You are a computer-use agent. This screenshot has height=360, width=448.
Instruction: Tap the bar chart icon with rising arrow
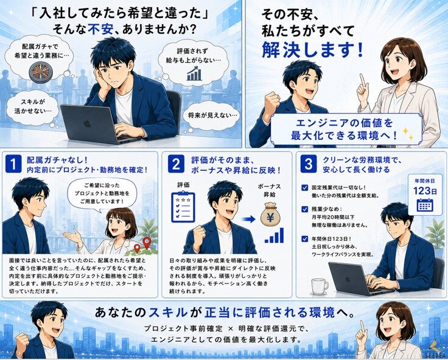pos(195,74)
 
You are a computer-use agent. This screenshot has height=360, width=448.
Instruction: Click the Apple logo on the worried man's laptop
pos(87,123)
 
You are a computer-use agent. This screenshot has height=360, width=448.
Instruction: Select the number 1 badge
pos(13,164)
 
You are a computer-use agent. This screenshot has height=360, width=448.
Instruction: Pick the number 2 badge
pos(176,164)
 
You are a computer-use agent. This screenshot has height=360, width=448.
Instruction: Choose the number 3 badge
pos(308,164)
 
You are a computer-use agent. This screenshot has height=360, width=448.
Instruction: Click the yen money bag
pos(270,213)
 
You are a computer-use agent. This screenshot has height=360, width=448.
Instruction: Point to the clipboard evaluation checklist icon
pos(183,207)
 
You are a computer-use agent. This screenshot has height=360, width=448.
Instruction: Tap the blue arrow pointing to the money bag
pos(248,220)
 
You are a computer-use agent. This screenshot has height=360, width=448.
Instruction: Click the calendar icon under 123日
pos(425,205)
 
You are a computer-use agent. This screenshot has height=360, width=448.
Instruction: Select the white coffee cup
pos(320,286)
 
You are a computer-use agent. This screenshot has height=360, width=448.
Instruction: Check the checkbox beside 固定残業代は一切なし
pos(304,188)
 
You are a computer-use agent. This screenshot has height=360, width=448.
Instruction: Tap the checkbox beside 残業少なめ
pos(304,209)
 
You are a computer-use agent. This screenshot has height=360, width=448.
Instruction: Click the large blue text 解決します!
pos(313,50)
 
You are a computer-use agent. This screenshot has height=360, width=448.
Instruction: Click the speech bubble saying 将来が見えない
pos(212,116)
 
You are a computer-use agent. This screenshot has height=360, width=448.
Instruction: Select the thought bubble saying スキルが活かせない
pos(33,106)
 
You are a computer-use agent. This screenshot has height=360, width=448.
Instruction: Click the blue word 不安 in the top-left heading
pos(100,29)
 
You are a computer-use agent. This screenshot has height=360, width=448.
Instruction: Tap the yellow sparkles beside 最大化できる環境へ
pos(408,134)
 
